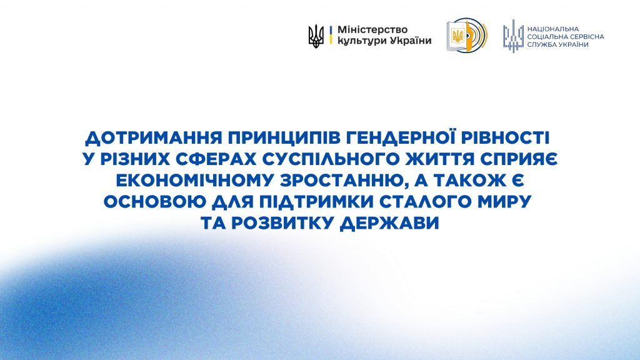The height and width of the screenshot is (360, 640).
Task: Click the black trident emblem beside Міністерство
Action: point(316,36)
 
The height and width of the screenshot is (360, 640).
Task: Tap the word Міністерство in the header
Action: point(372,30)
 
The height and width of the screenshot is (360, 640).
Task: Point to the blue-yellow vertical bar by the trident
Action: point(330,35)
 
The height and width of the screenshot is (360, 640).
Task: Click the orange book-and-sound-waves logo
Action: point(466,35)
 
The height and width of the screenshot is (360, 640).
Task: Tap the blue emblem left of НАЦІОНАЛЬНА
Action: point(513,36)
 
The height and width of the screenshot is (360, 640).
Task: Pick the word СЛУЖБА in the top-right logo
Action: point(542,44)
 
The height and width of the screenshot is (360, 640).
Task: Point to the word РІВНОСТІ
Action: point(506,137)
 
